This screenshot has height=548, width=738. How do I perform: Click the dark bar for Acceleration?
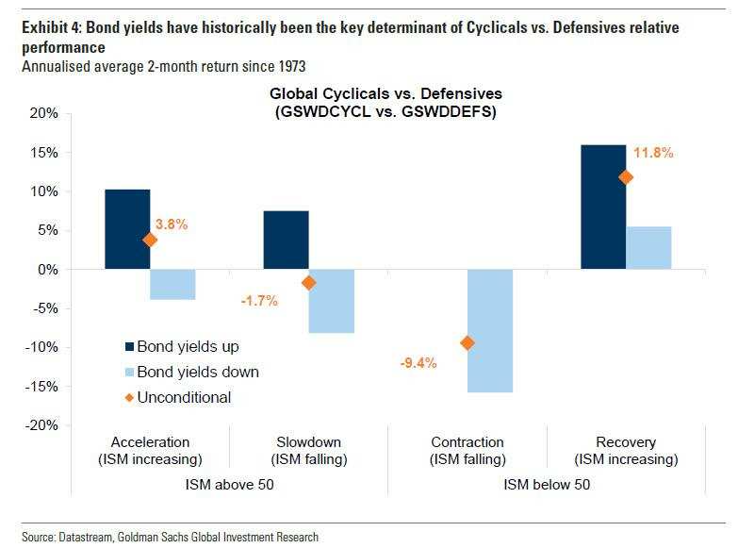127,229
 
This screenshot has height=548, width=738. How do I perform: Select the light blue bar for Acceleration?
172,284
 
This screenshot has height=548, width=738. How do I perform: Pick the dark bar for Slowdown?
286,240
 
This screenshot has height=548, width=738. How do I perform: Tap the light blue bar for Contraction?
490,330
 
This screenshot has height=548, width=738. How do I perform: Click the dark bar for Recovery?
603,207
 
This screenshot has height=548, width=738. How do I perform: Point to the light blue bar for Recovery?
648,247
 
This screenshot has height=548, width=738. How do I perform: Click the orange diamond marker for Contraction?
467,342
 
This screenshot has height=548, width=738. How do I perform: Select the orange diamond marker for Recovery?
626,177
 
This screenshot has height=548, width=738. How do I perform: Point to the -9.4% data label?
419,361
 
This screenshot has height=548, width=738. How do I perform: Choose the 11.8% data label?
653,153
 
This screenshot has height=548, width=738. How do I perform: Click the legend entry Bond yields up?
188,346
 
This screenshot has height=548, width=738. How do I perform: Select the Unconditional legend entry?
184,397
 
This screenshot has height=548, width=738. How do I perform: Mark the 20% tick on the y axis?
44,113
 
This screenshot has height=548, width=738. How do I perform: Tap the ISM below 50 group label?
547,487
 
